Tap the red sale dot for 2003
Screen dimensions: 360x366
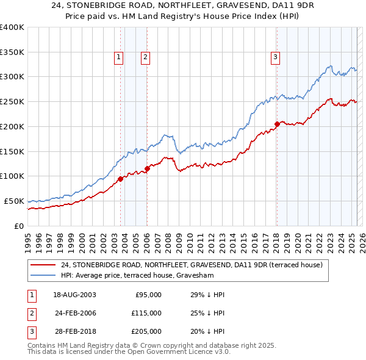click(x=120, y=178)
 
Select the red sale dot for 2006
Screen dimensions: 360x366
click(x=147, y=168)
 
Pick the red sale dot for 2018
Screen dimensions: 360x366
click(x=276, y=124)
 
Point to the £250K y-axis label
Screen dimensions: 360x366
click(x=11, y=101)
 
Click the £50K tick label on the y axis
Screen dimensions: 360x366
click(x=13, y=201)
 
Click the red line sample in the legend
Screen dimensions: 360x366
click(x=43, y=265)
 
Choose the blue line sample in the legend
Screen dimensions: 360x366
click(x=43, y=275)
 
